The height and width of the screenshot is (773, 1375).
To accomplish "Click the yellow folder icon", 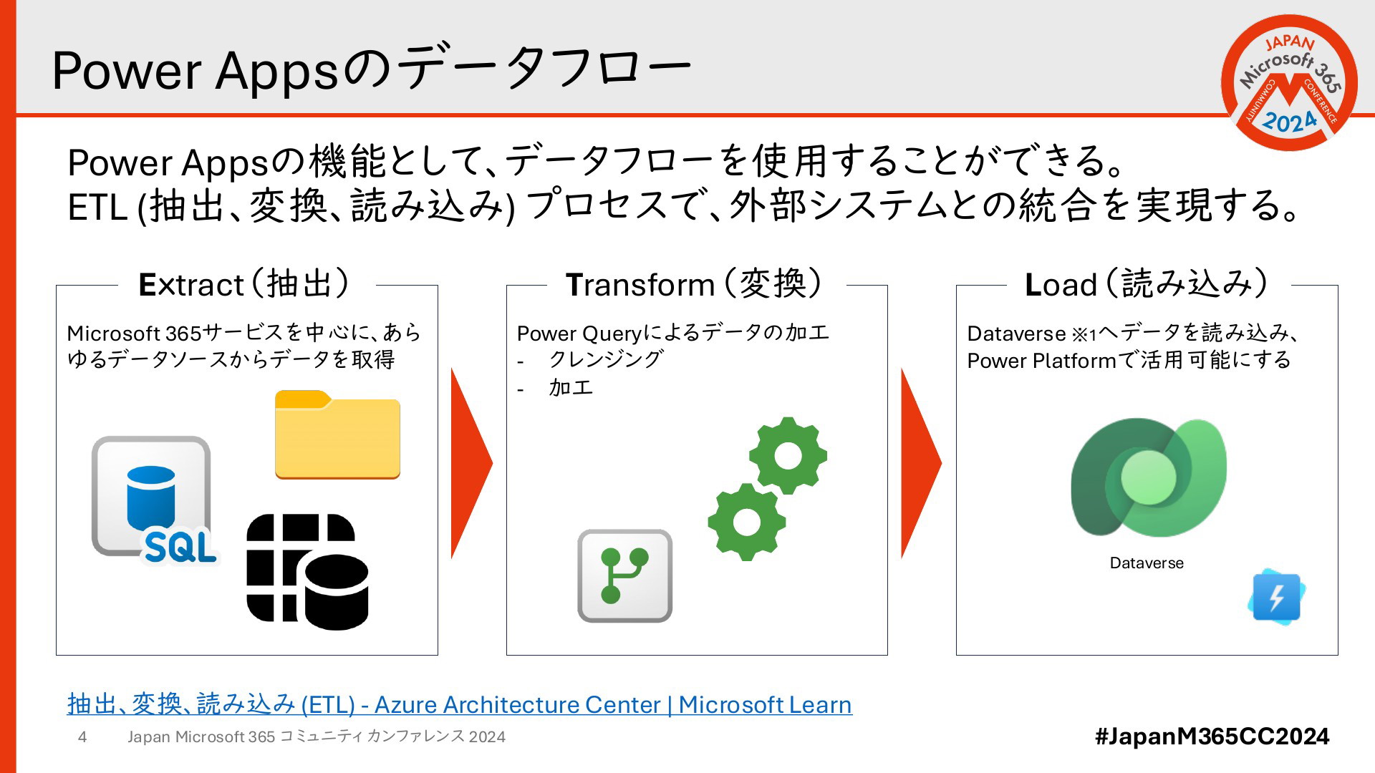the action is [337, 434].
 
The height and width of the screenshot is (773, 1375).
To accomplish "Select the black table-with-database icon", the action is [307, 572].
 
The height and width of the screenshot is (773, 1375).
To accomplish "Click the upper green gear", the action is [788, 456].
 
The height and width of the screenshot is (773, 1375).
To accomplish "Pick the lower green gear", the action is [747, 522].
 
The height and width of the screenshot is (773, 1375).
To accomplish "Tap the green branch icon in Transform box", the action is [624, 576].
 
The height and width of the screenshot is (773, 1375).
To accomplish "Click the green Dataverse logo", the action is [1148, 477].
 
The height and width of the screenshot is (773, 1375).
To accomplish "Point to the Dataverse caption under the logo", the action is [1147, 563].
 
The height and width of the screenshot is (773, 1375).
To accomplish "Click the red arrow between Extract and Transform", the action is [471, 463].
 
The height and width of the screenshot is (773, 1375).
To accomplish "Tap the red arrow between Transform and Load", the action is [921, 463].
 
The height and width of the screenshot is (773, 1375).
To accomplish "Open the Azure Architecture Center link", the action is [460, 704].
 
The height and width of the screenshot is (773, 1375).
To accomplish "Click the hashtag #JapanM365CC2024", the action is [1212, 736].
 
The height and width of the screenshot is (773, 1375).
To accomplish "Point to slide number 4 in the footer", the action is [82, 737].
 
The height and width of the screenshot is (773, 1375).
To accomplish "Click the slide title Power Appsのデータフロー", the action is [372, 69].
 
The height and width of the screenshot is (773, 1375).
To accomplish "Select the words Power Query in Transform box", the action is [579, 334].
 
